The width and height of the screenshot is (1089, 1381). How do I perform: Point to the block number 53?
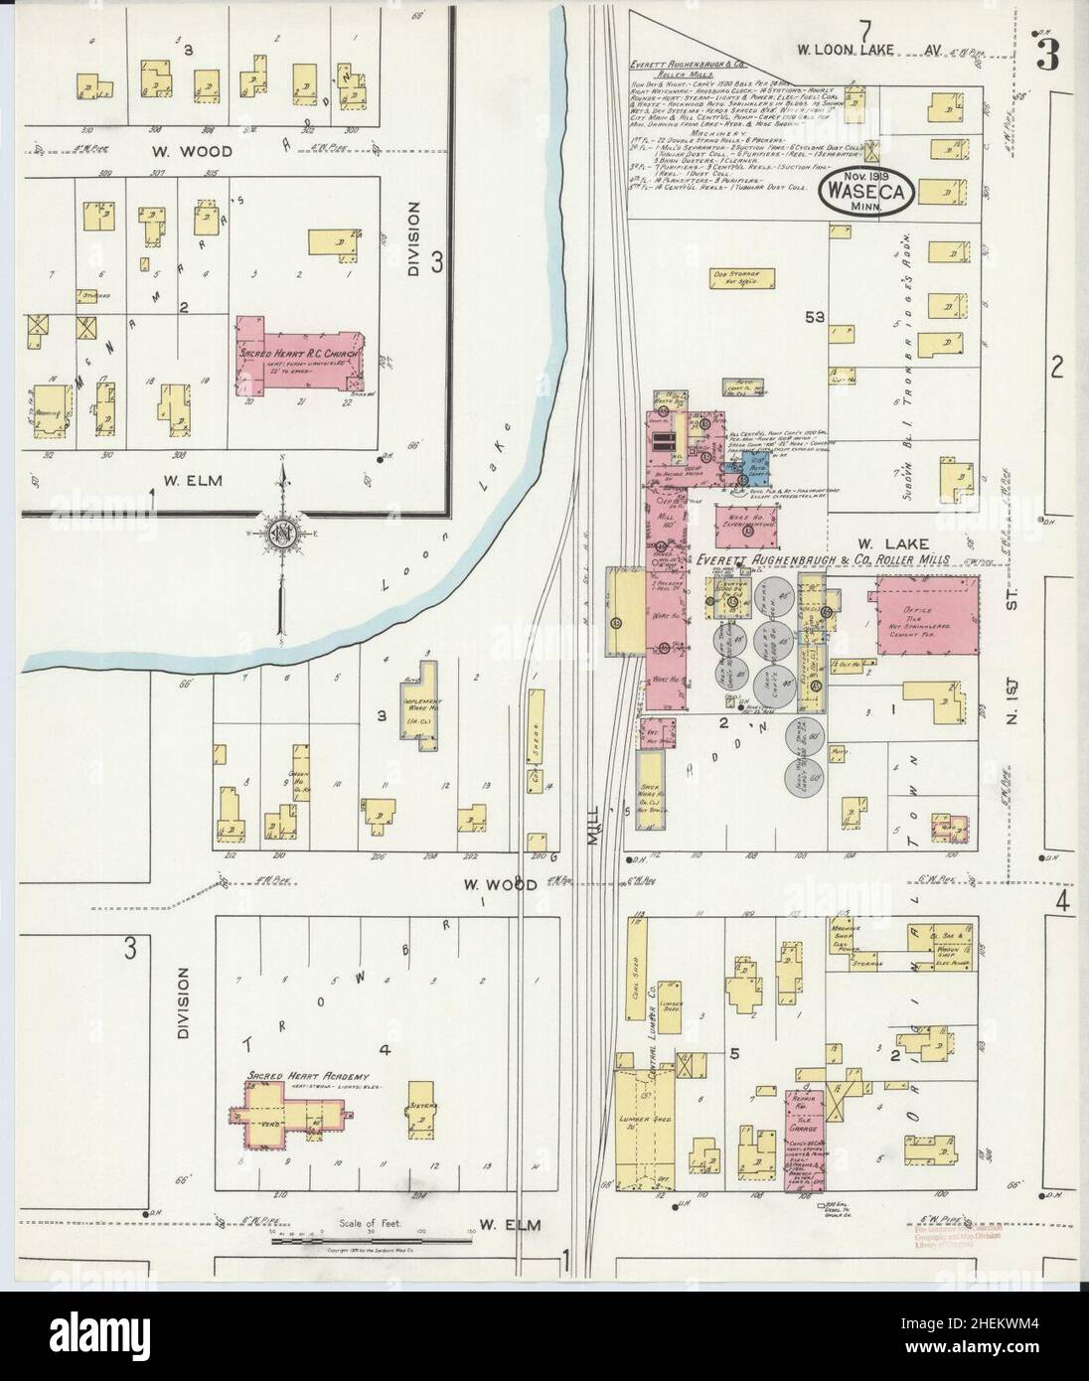[x=817, y=317]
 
